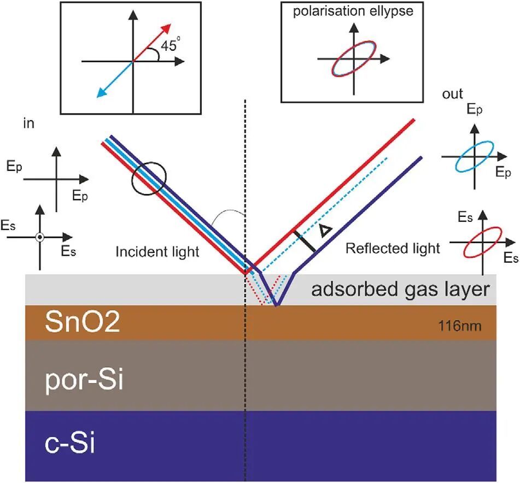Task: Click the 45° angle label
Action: point(171,44)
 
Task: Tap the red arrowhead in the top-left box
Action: point(166,29)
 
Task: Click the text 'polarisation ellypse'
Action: point(353,11)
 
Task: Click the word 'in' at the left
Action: point(28,123)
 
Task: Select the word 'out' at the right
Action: point(452,94)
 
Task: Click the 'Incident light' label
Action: point(157,252)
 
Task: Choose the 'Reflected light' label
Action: point(393,248)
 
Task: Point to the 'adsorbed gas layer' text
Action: point(400,289)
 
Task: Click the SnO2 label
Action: point(82,321)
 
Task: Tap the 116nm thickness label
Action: point(460,326)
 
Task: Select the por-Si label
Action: point(84,380)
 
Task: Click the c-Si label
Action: point(69,444)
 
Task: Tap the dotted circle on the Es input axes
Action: point(40,237)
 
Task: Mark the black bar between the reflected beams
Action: point(305,241)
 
